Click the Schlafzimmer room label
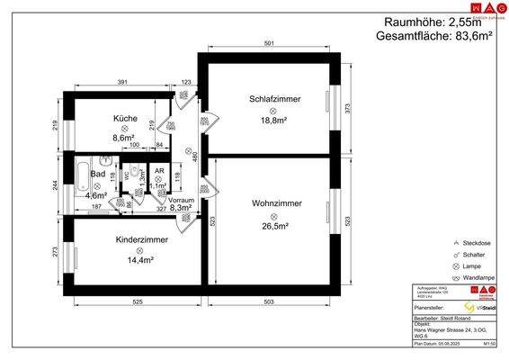[x=274, y=98]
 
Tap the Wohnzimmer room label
[x=276, y=204]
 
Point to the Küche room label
[x=125, y=119]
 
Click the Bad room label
[x=99, y=174]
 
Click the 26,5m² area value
[x=275, y=226]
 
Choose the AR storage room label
[x=158, y=170]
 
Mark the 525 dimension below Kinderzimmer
[x=138, y=301]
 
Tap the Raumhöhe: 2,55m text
[x=433, y=22]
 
